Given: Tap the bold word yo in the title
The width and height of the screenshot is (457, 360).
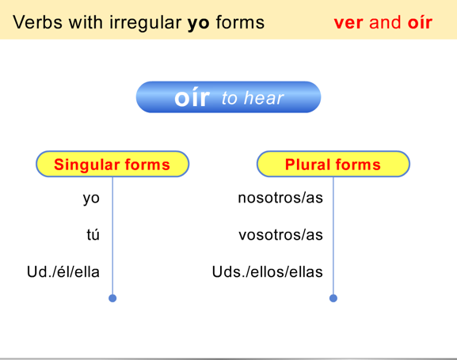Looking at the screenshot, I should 196,22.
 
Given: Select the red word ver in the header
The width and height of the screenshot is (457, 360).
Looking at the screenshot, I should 348,22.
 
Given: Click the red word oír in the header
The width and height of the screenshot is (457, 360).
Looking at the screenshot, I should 420,22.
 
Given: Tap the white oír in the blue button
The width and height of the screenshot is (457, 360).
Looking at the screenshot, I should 192,97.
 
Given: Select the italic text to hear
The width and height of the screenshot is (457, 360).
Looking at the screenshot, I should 253,99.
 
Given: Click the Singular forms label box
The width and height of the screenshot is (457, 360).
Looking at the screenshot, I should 112,165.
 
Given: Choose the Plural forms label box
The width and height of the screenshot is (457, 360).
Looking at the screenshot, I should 333,165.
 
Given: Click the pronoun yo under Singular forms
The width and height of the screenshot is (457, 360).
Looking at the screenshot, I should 91,198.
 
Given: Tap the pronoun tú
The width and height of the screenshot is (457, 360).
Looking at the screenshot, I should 93,235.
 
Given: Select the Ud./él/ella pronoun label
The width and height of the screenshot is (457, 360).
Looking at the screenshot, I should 63,272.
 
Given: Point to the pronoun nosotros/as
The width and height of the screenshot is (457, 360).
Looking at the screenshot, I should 280,198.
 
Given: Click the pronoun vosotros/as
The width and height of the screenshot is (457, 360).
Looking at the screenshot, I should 280,235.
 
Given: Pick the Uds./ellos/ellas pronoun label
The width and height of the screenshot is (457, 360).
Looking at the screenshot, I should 268,272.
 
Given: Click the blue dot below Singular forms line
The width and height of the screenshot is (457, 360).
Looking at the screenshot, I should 112,298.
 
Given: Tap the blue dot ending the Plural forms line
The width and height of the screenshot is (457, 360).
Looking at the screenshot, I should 333,298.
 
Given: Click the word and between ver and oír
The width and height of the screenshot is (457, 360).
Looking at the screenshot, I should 385,22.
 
